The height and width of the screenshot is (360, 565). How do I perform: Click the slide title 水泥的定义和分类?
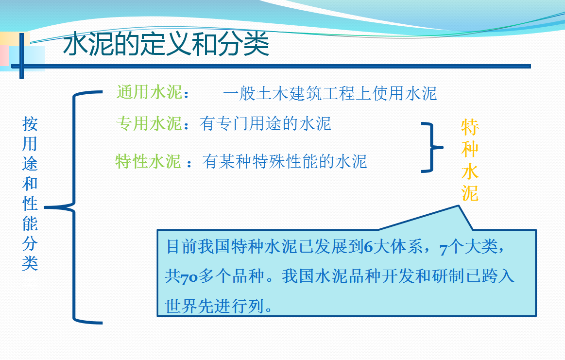(x=166, y=44)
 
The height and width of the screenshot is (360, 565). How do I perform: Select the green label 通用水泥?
(x=150, y=92)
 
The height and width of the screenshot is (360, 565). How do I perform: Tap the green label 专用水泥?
(x=149, y=123)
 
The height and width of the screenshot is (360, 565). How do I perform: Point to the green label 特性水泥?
(x=148, y=161)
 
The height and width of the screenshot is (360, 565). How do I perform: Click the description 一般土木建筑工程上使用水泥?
(x=330, y=93)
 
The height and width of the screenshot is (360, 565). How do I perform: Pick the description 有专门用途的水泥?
(x=265, y=123)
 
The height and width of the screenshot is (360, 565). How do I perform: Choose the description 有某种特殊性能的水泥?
(x=285, y=161)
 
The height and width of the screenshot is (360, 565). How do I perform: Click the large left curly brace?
(x=74, y=207)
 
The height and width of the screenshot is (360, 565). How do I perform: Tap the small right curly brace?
(x=432, y=147)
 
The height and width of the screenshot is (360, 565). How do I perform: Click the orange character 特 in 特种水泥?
(x=470, y=127)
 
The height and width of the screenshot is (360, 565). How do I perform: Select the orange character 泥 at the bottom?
(x=470, y=193)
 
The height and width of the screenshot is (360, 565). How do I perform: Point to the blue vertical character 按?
(x=30, y=123)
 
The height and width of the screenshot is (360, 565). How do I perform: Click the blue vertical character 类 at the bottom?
(x=30, y=263)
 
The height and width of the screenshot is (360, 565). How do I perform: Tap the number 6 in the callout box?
(x=368, y=247)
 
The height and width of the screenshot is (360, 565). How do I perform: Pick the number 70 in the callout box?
(x=189, y=278)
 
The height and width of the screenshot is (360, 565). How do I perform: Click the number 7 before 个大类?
(x=444, y=249)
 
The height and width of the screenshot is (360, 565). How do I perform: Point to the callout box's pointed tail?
(x=458, y=206)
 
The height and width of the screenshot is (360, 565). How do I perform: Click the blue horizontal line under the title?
(x=271, y=66)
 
